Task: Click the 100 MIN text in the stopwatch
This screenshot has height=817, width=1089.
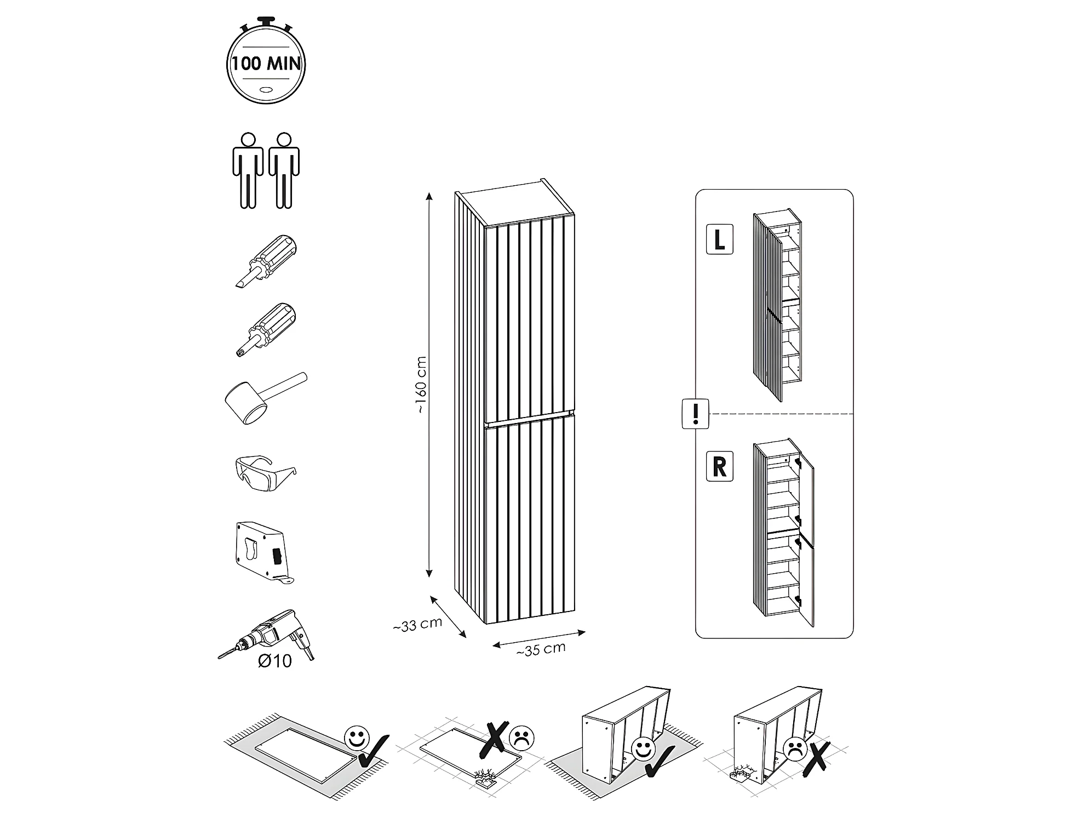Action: pyautogui.click(x=266, y=64)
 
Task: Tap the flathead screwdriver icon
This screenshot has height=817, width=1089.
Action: pyautogui.click(x=266, y=261)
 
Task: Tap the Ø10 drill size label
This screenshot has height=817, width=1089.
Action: pyautogui.click(x=275, y=661)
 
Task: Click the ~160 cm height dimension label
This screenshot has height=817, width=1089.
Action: pyautogui.click(x=421, y=385)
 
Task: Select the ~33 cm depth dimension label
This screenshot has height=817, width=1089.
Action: pyautogui.click(x=417, y=625)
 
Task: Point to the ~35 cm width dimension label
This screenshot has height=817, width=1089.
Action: pyautogui.click(x=541, y=649)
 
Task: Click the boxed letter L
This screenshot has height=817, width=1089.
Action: pyautogui.click(x=719, y=239)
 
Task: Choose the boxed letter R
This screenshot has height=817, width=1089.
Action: pyautogui.click(x=719, y=467)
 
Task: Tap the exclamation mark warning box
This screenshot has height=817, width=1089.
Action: pyautogui.click(x=696, y=414)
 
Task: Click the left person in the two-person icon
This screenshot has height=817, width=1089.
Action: pyautogui.click(x=249, y=170)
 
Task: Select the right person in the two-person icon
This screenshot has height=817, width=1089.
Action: pyautogui.click(x=284, y=170)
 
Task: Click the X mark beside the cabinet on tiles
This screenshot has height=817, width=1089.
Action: pyautogui.click(x=816, y=759)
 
